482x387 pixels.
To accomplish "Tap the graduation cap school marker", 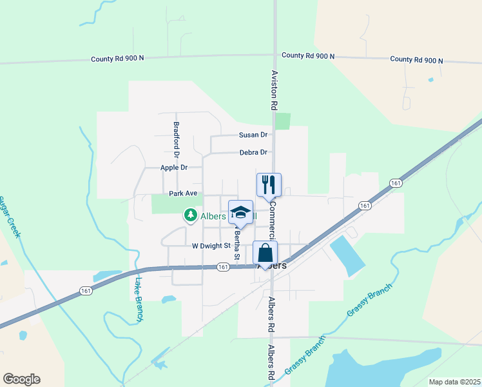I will pos(240,213).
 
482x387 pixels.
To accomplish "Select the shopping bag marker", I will pos(265,253).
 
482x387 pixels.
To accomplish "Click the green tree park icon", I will pos(190,215).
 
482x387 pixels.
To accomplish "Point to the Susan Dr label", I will pos(253,135).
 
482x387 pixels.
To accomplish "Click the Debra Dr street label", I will pos(253,152).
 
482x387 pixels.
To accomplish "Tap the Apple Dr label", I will pos(173,168).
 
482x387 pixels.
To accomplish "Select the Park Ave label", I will pos(182,193).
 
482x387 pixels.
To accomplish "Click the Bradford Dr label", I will pos(175,139).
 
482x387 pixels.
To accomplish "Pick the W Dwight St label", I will pos(211,246).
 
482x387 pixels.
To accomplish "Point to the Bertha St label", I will pos(236,244).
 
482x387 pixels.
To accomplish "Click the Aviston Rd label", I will pos(274,90).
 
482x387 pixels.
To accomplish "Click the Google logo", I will pos(21,379).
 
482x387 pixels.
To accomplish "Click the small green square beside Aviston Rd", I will pos(282,121).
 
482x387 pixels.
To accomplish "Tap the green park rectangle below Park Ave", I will pos(171,204).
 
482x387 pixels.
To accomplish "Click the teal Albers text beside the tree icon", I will pos(213,216).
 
